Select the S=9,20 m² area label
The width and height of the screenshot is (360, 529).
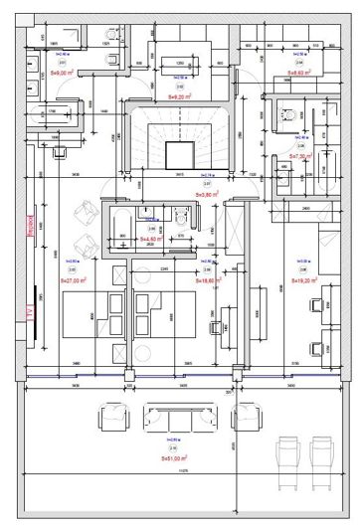[x=179, y=97]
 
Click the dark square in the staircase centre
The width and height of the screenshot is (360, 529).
[x=179, y=155]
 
